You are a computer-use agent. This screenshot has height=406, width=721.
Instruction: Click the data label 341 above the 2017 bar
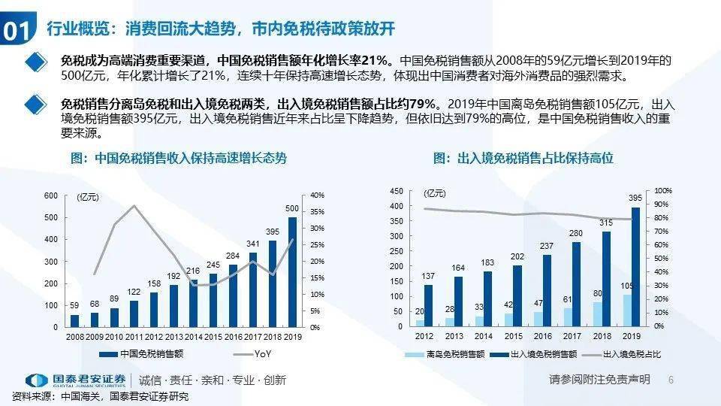tap(253, 244)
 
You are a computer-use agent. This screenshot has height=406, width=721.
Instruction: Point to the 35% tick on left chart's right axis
tap(317, 211)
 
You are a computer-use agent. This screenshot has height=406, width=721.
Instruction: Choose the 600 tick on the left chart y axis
tap(50, 195)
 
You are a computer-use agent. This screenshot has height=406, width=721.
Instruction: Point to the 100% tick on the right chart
tap(663, 191)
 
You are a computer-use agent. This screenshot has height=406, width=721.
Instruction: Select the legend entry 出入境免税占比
tap(627, 354)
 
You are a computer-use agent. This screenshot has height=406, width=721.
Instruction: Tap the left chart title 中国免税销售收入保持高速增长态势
tap(178, 159)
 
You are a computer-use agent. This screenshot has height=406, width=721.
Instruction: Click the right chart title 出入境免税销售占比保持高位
tap(523, 159)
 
